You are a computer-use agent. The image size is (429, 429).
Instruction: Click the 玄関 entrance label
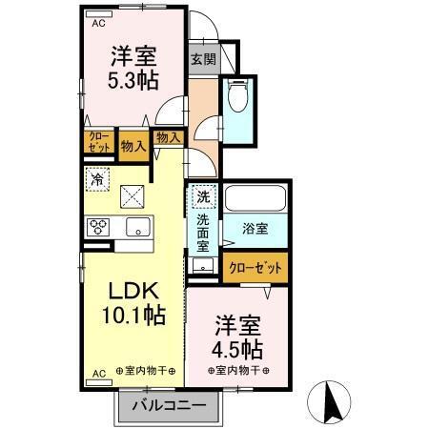[202, 59]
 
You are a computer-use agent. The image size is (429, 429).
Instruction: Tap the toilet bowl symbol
[235, 98]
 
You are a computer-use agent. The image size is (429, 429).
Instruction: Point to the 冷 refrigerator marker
[97, 177]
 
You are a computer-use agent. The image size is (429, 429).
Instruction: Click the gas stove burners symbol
[99, 227]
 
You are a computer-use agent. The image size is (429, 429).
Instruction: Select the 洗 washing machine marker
[202, 197]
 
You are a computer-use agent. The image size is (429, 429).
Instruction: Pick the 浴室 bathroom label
[254, 230]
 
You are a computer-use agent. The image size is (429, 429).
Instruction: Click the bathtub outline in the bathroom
[255, 199]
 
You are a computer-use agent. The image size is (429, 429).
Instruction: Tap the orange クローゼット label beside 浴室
[254, 268]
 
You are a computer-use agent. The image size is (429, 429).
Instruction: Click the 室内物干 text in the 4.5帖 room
[234, 370]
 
